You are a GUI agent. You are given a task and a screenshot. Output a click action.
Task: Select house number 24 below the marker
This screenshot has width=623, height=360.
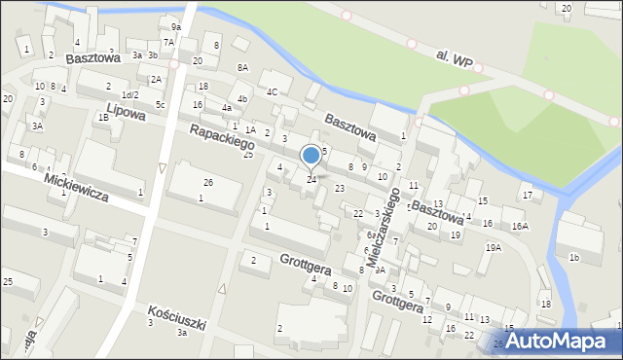(311, 180)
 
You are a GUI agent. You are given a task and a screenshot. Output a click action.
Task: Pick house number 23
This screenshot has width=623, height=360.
(340, 188)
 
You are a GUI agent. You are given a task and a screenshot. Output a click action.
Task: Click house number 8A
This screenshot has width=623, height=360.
(242, 67)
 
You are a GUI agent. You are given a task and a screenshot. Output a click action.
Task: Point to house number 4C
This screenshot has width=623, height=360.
(273, 92)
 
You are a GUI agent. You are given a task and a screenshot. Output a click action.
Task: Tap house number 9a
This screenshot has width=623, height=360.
(176, 26)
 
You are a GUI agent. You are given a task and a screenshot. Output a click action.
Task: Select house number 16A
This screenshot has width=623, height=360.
(520, 226)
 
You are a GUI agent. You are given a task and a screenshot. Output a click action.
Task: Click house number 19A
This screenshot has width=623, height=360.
(494, 248)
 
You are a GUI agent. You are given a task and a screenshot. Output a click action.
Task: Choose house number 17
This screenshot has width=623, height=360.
(528, 195)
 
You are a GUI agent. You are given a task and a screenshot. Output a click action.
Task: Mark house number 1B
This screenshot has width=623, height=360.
(103, 118)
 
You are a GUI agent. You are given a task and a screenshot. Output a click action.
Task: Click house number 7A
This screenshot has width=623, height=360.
(168, 42)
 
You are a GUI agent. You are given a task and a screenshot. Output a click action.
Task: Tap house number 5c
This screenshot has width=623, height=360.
(161, 104)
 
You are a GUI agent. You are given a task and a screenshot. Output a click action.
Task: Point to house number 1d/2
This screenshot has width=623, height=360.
(130, 94)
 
